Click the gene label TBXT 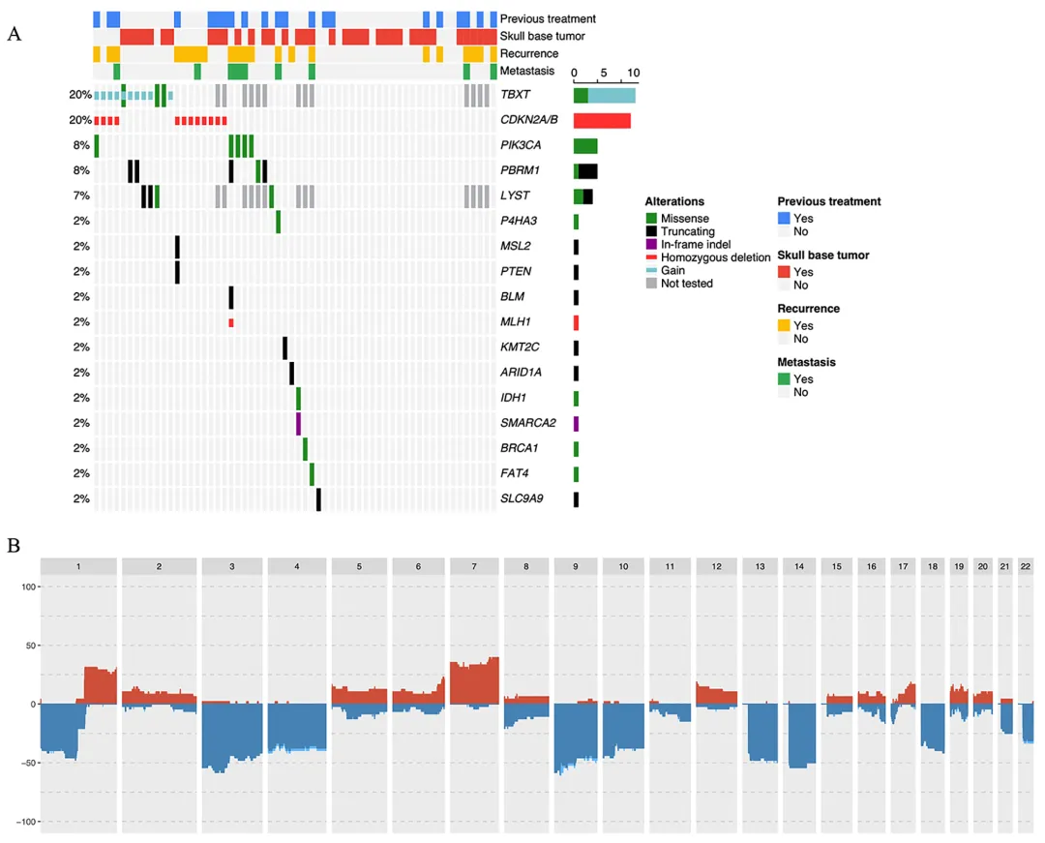[515, 95]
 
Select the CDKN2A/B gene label [528, 120]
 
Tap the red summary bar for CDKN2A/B [602, 121]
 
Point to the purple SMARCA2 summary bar [576, 423]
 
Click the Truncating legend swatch [651, 231]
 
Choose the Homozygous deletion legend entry [715, 257]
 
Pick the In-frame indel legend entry [696, 245]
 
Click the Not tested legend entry [686, 284]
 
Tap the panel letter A [15, 34]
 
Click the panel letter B [15, 545]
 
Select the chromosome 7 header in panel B [474, 566]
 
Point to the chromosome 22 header [1027, 566]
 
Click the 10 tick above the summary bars [634, 74]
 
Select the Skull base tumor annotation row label [542, 36]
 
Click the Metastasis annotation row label [527, 71]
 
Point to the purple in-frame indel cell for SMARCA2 [298, 423]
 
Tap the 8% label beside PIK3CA [81, 145]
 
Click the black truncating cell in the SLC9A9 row [318, 498]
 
